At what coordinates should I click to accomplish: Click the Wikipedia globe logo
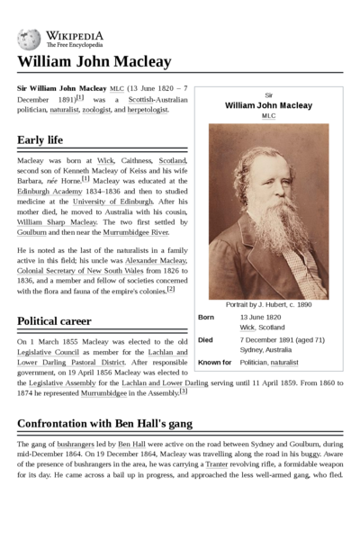(28, 38)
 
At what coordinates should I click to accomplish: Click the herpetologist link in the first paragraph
(147, 110)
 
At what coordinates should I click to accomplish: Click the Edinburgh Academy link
(46, 191)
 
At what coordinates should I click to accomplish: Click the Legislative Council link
(45, 352)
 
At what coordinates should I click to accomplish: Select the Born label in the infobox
(206, 318)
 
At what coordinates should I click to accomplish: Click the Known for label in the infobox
(214, 362)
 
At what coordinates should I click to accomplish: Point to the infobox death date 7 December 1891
(274, 339)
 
